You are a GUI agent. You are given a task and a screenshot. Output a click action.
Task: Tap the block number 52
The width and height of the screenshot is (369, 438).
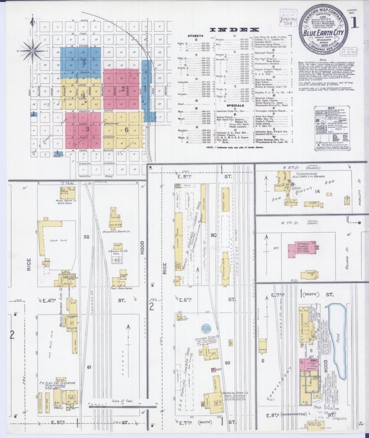pyautogui.click(x=86, y=237)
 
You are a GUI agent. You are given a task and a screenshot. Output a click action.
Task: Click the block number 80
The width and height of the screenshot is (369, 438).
pyautogui.click(x=213, y=235)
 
